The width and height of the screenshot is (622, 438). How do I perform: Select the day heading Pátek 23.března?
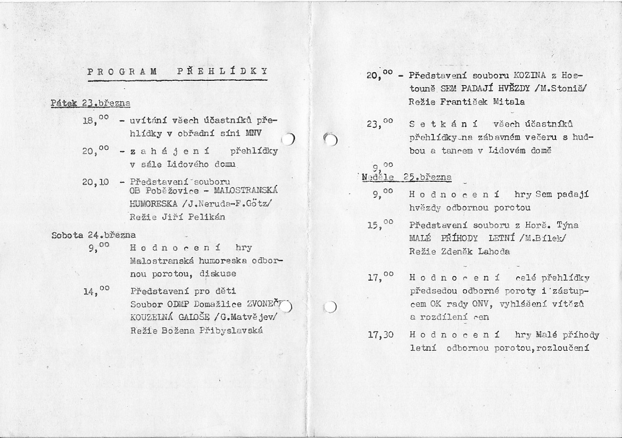click(91, 103)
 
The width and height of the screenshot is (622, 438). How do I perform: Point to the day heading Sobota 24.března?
click(94, 234)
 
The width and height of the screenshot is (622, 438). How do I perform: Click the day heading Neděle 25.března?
click(407, 177)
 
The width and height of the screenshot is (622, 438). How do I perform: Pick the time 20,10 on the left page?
click(96, 182)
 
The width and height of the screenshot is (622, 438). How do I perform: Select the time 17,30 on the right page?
click(380, 335)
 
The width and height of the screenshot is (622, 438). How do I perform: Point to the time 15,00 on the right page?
click(380, 225)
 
